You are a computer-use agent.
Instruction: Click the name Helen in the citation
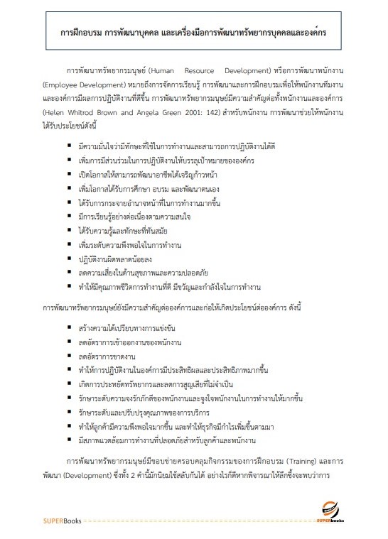tap(53, 113)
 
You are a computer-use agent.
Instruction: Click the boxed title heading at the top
tap(194, 33)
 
